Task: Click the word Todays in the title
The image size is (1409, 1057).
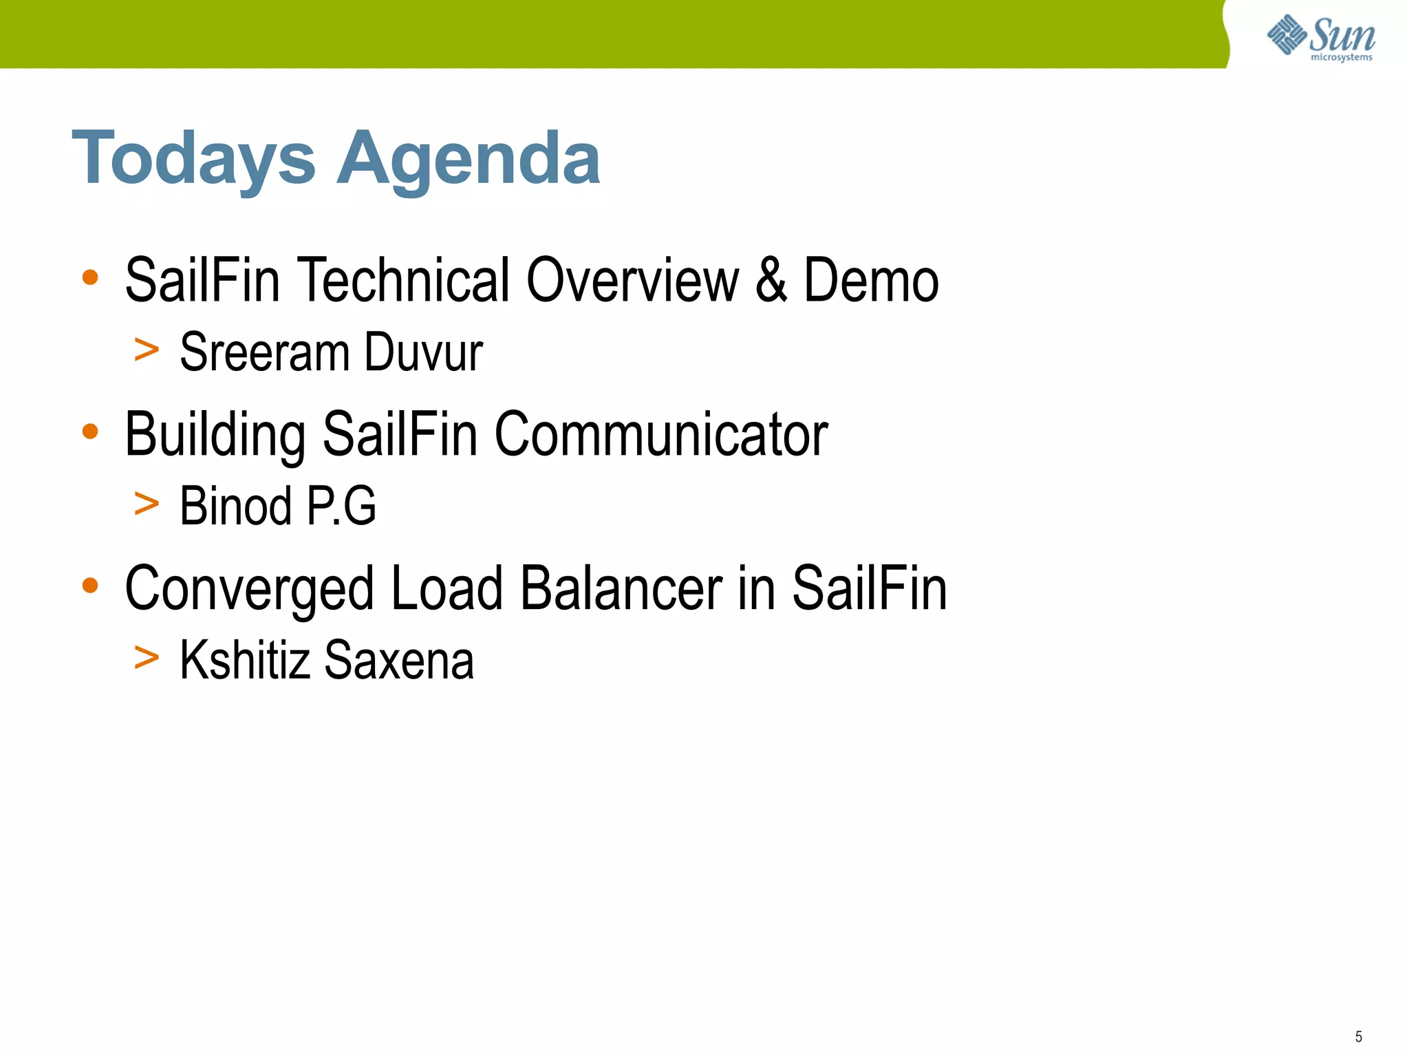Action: pos(193,160)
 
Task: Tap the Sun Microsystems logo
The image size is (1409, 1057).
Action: pos(1320,37)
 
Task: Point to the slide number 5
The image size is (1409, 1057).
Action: pos(1358,1036)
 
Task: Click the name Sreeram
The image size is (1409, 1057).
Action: pos(265,352)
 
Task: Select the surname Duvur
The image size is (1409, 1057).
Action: pos(423,352)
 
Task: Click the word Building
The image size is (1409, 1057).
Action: pos(215,435)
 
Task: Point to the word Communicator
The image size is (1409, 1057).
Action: pos(661,435)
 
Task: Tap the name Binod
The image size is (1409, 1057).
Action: pos(235,506)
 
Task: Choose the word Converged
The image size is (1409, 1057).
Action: pos(249,589)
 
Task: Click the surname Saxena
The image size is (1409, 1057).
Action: pos(398,660)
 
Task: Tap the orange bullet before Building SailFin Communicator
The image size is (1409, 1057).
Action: pos(90,431)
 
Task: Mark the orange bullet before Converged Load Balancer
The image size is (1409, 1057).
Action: pos(90,586)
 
